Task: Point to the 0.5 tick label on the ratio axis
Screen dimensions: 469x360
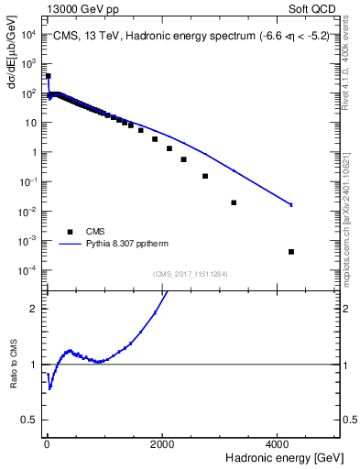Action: (30, 420)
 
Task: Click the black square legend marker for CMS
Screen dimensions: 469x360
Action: (69, 232)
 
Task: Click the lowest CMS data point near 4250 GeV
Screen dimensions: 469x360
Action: (290, 251)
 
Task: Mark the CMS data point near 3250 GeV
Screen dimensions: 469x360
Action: (234, 202)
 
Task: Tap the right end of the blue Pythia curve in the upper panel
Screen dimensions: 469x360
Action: (291, 204)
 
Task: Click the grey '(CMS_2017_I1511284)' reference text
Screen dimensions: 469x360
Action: (190, 273)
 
